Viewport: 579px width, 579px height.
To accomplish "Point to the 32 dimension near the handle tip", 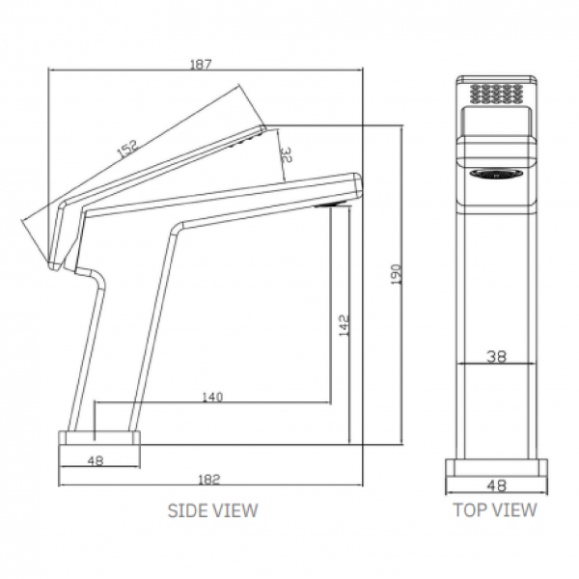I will pos(285,153).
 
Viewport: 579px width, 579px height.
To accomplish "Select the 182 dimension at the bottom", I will pos(214,478).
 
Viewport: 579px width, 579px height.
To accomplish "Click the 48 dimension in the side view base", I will pos(95,460).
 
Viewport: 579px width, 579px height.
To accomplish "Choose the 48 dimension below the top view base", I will pos(496,486).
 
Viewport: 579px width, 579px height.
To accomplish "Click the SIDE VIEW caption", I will pos(213,510).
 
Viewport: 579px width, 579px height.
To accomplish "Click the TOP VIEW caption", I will pos(495,510).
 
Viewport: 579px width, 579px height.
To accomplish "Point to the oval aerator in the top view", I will pos(496,176).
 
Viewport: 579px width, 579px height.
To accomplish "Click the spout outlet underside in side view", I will pos(329,205).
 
